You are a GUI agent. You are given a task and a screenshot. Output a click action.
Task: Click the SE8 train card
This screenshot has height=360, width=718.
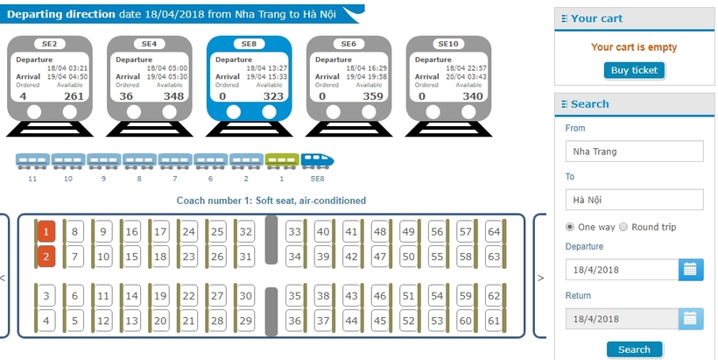[x=249, y=86]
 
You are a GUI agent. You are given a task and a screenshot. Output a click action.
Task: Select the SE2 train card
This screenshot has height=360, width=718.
[x=49, y=86]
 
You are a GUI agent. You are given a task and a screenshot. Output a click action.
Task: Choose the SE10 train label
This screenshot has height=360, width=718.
[x=448, y=44]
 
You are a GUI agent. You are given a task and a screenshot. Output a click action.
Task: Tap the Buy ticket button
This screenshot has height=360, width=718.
[x=634, y=71]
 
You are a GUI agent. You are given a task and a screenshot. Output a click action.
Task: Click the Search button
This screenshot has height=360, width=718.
[x=634, y=349]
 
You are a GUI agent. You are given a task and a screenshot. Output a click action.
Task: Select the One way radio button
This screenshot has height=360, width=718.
[x=570, y=227]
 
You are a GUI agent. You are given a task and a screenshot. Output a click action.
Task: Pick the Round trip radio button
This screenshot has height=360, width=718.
[x=623, y=227]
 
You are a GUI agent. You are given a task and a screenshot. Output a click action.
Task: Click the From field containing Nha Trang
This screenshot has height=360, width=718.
[x=634, y=152]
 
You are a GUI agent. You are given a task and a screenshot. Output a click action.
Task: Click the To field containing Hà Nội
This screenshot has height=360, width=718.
[x=634, y=200]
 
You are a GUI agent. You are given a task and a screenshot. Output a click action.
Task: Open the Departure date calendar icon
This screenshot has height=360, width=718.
[x=691, y=269]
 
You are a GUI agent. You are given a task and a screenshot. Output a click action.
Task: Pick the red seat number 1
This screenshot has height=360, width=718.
[x=46, y=232]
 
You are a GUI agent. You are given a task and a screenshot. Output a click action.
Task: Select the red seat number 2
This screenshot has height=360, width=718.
[x=46, y=257]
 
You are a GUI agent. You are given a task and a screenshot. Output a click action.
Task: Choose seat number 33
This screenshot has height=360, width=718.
[x=294, y=232]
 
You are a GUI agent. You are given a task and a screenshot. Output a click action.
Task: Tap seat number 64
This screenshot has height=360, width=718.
[x=494, y=232]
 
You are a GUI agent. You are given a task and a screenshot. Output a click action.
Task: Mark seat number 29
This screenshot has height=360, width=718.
[x=246, y=321]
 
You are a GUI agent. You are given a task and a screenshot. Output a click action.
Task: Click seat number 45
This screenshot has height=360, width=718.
[x=380, y=321]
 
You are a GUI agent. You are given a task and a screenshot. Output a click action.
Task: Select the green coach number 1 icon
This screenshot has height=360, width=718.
[x=282, y=161]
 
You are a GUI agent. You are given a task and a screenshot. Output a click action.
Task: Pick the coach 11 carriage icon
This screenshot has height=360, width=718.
[x=32, y=161]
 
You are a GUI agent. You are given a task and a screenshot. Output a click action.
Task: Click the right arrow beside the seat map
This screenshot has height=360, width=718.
[x=540, y=278]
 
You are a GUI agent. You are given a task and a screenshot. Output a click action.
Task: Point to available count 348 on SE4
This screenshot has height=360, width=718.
[x=173, y=96]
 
